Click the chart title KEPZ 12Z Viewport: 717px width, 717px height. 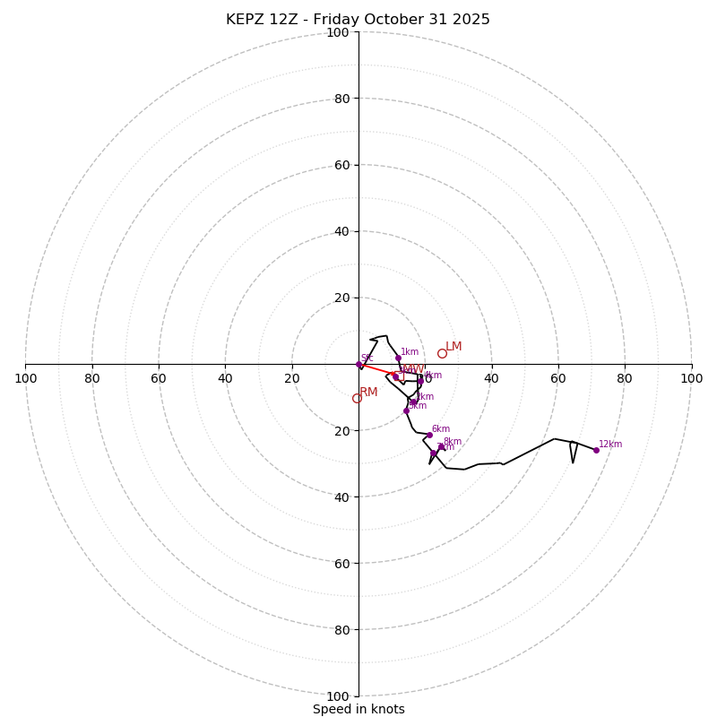click(x=358, y=20)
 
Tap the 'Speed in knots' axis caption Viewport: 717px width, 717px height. click(x=358, y=709)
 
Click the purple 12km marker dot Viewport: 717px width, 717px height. click(x=596, y=450)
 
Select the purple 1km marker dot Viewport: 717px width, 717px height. click(x=398, y=358)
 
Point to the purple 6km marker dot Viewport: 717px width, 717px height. click(x=429, y=436)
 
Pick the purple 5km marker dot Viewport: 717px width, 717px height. click(x=406, y=410)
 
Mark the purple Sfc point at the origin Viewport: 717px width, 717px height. click(x=359, y=364)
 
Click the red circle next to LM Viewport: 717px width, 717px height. click(x=442, y=353)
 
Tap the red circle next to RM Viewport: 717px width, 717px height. click(x=357, y=398)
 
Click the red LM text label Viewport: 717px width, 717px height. click(x=454, y=347)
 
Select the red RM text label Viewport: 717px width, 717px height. click(x=368, y=393)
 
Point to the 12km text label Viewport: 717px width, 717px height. click(x=610, y=445)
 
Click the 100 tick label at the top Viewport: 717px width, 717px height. click(x=338, y=32)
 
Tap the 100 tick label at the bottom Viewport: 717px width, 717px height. click(x=338, y=696)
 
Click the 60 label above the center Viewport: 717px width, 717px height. click(x=341, y=165)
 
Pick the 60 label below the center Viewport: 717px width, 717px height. click(x=341, y=564)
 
